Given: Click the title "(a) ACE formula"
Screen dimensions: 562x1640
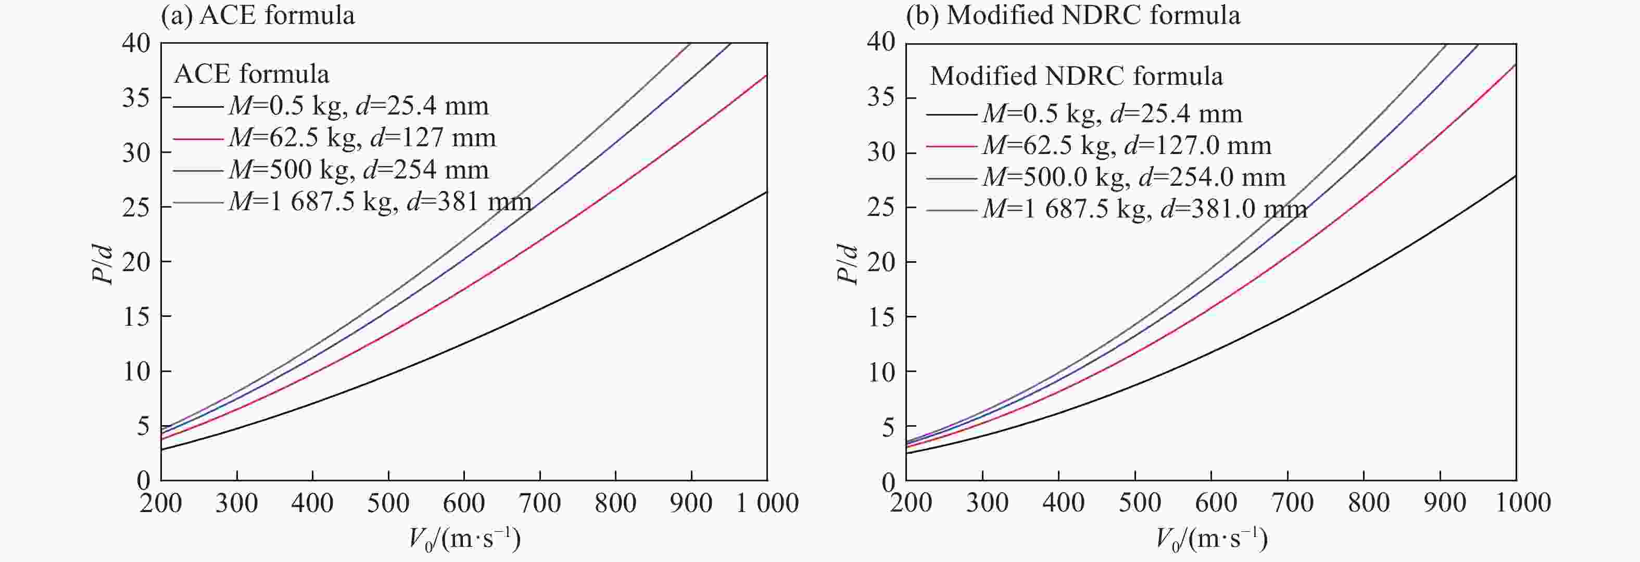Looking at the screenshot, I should (x=257, y=15).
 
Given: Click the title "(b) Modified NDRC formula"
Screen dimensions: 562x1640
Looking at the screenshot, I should (x=1073, y=15).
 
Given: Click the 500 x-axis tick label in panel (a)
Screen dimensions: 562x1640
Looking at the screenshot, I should (x=388, y=503).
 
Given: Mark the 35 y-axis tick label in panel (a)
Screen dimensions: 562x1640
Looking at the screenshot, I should (x=136, y=98).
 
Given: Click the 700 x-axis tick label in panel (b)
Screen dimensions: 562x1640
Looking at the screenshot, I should (x=1292, y=503).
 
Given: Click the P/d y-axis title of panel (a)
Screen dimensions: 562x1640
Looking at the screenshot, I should (x=103, y=264).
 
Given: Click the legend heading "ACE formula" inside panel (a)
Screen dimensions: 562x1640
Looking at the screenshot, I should (x=251, y=74).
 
